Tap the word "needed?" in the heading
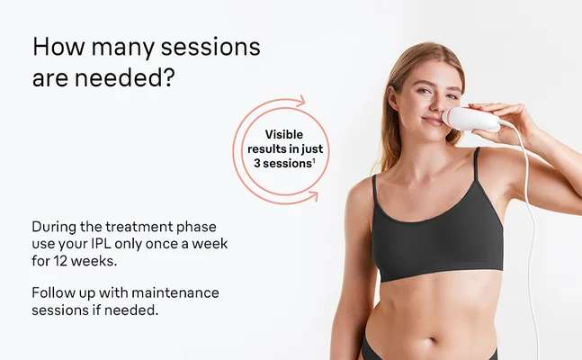pos(133,78)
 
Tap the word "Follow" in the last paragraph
pos(52,293)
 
